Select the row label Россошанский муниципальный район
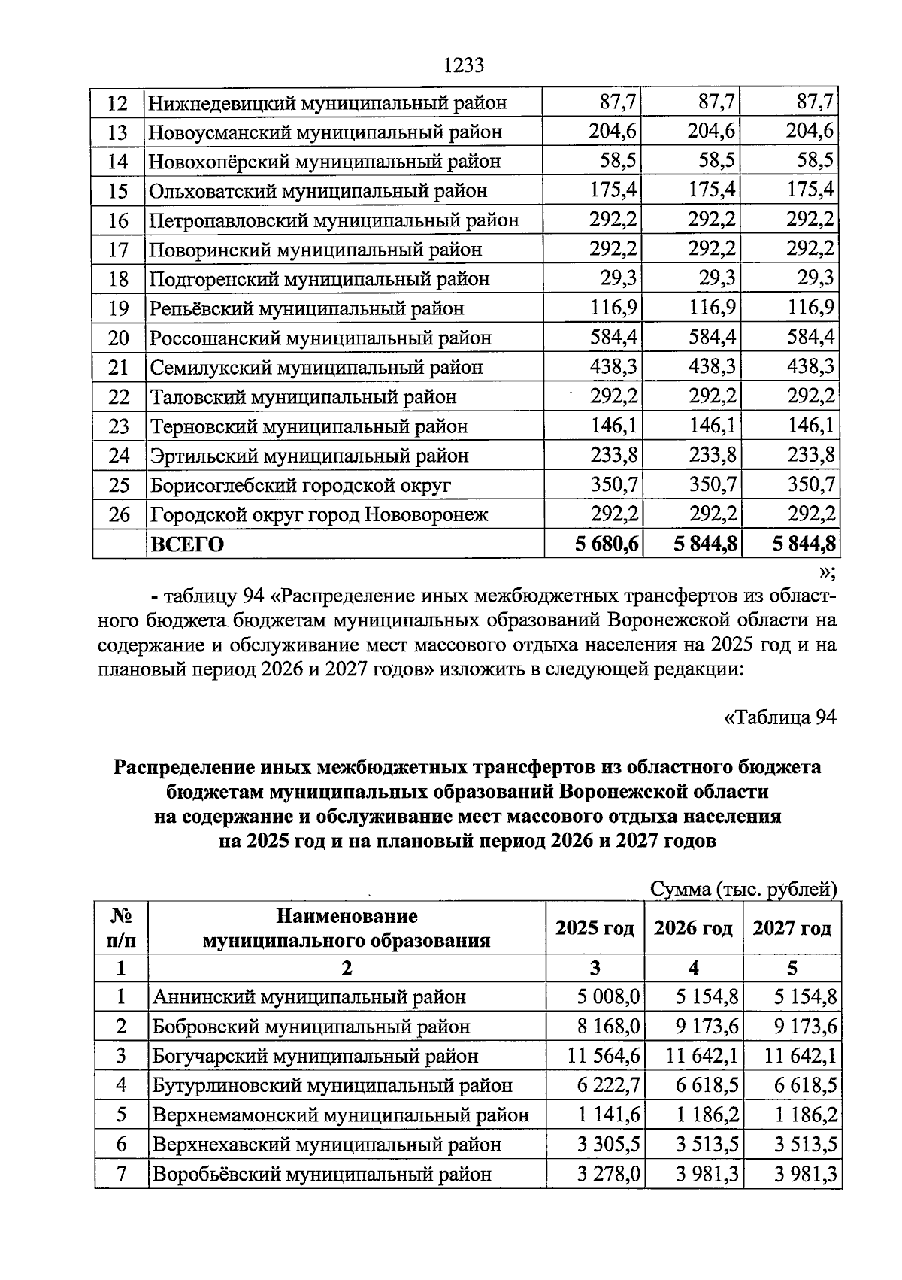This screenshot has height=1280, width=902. pyautogui.click(x=320, y=338)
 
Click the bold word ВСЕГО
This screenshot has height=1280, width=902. pyautogui.click(x=187, y=544)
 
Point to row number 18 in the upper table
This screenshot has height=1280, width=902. pyautogui.click(x=119, y=280)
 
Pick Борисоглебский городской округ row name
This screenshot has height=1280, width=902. pyautogui.click(x=301, y=486)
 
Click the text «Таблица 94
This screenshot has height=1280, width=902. pyautogui.click(x=779, y=717)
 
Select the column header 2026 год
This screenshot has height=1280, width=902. pyautogui.click(x=692, y=928)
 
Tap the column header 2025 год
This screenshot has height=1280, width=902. pyautogui.click(x=594, y=928)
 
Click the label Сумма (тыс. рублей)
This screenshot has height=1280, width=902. pyautogui.click(x=743, y=890)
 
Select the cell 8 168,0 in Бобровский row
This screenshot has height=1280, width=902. pyautogui.click(x=608, y=1027)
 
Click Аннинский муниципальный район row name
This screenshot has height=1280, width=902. pyautogui.click(x=309, y=997)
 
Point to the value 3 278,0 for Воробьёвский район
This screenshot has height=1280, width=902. pyautogui.click(x=608, y=1174)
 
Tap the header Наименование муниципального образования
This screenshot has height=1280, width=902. pyautogui.click(x=347, y=928)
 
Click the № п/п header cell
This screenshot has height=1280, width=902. pyautogui.click(x=121, y=928)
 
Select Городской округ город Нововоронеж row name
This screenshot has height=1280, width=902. pyautogui.click(x=319, y=515)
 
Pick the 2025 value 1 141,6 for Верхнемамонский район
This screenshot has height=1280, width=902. pyautogui.click(x=608, y=1115)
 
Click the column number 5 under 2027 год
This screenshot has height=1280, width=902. pyautogui.click(x=792, y=968)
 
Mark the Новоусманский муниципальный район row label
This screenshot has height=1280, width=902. pyautogui.click(x=325, y=133)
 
